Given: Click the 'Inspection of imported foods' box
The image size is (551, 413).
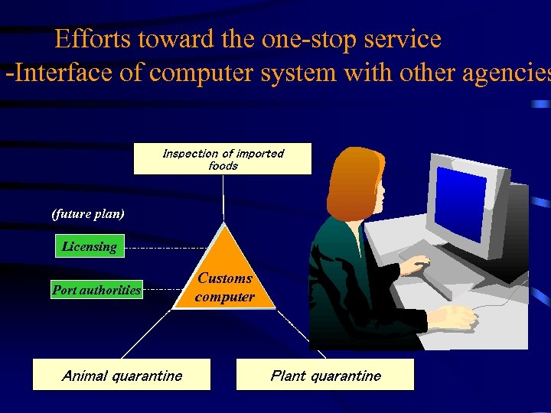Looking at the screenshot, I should (223, 159).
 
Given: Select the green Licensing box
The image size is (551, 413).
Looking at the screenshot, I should (90, 246).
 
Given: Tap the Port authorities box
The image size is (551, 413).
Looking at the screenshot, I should (96, 290).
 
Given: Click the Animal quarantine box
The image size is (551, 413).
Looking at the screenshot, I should (122, 375).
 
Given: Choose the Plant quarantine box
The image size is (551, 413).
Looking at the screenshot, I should (325, 375).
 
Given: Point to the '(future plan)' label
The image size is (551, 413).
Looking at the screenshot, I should (87, 214).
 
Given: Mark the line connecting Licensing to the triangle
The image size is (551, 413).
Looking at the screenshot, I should (165, 248).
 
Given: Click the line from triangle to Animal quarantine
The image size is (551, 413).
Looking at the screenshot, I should (149, 333).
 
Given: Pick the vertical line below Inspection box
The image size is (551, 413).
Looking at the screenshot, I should (223, 197).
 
